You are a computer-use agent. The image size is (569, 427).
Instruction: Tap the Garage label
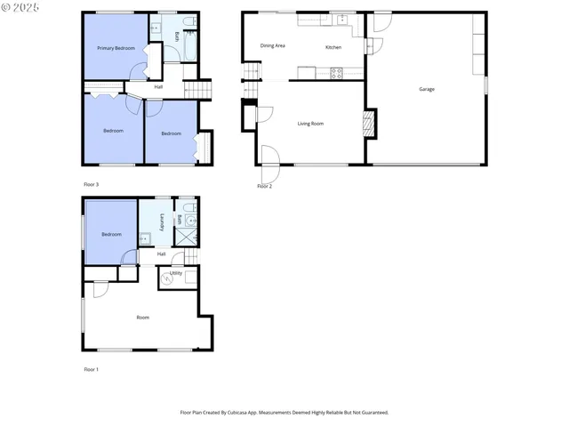(x=426, y=89)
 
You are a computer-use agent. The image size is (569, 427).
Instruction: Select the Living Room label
(x=309, y=124)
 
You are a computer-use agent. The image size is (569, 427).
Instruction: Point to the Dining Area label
(x=272, y=45)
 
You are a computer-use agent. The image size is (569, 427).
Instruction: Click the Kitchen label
(x=333, y=47)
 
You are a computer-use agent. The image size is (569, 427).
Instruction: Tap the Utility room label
(x=176, y=273)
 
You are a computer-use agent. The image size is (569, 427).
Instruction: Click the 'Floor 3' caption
(x=91, y=184)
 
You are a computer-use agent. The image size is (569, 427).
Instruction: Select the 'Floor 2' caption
(x=264, y=187)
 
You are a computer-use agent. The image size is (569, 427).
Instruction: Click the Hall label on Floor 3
(x=158, y=87)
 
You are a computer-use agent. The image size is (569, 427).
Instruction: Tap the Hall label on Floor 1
(x=161, y=254)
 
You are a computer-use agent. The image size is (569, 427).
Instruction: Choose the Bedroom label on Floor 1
(x=110, y=235)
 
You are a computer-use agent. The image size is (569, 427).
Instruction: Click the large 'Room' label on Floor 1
(x=142, y=318)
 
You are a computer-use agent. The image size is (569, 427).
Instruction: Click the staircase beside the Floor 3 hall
(x=200, y=90)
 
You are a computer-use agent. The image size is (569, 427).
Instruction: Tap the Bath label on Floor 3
(x=176, y=36)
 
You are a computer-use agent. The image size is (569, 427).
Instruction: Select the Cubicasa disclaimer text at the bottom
(x=284, y=413)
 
